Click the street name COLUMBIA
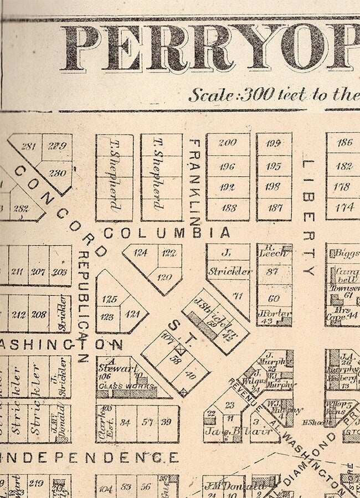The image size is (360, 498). [166, 233]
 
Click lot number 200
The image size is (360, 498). [227, 142]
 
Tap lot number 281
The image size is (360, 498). [28, 147]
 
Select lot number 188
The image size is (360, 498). [228, 208]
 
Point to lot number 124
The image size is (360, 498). [141, 253]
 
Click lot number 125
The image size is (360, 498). [110, 300]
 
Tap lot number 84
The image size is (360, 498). [126, 423]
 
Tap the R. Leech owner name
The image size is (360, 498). [274, 250]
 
